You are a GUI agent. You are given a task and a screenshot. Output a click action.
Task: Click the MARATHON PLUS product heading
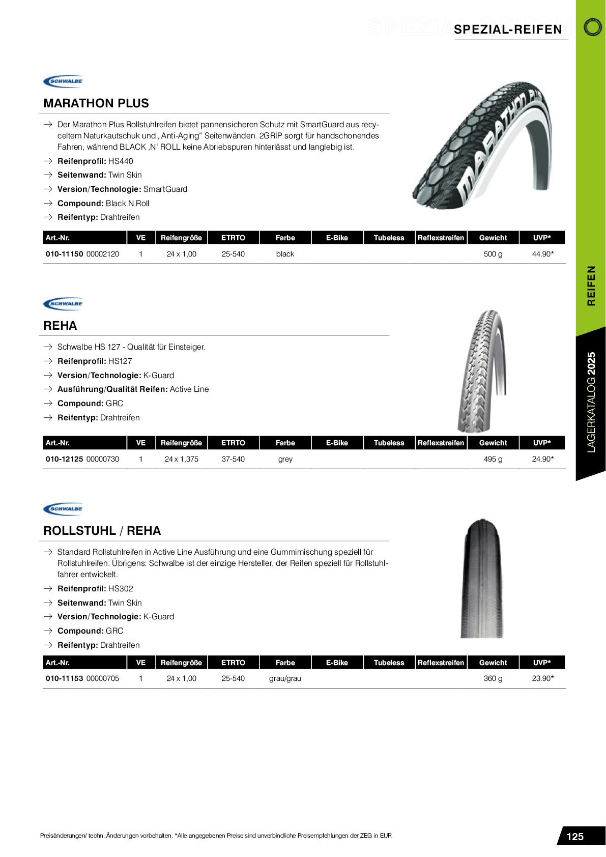point(96,103)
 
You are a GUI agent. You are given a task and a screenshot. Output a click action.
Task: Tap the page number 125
point(575,837)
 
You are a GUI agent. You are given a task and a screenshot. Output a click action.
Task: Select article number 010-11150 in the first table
point(65,254)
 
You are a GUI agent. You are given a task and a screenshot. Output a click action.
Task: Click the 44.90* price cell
point(542,254)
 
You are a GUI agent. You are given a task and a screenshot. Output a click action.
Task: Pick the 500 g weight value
point(493,254)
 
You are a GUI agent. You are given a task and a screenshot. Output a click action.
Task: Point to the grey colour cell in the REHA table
point(285,459)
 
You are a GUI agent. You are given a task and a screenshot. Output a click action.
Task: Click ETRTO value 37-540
point(233,459)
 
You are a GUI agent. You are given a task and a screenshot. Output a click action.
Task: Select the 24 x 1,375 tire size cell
point(182,459)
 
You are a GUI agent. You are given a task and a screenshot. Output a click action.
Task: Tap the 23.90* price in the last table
point(542,678)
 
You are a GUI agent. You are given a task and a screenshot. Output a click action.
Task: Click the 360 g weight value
point(493,678)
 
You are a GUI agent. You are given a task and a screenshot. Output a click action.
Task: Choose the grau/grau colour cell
point(285,678)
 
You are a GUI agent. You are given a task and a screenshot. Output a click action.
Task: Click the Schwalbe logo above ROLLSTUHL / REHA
point(63,508)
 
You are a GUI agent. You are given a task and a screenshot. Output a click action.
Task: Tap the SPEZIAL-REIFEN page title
point(508,30)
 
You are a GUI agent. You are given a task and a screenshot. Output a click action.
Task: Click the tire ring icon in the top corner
point(592,27)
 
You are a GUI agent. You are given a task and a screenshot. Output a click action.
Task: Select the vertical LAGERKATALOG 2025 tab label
point(591,402)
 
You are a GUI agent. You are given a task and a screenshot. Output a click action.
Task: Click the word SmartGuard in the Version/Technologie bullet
point(165,189)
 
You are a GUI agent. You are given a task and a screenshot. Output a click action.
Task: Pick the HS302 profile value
point(121,589)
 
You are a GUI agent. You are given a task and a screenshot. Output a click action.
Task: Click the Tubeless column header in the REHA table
point(389,443)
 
